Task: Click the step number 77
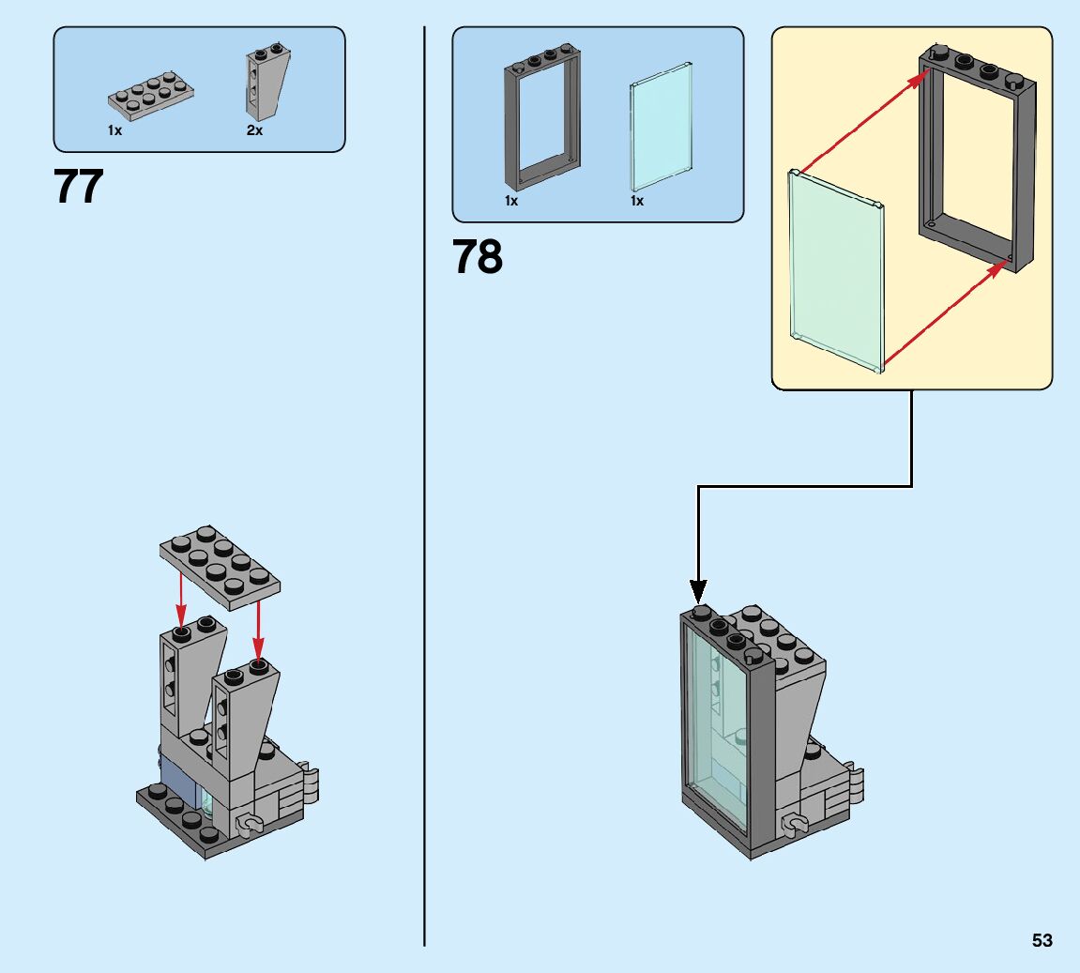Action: click(x=79, y=188)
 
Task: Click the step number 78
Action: click(x=478, y=257)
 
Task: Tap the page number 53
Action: click(x=1042, y=940)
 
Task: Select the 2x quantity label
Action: click(x=254, y=131)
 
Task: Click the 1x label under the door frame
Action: click(x=511, y=201)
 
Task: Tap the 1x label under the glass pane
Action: click(x=637, y=201)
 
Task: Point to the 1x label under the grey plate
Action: click(x=114, y=131)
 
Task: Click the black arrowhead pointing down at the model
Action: click(x=697, y=591)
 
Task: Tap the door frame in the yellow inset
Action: click(x=976, y=160)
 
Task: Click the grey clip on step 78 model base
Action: click(x=798, y=825)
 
